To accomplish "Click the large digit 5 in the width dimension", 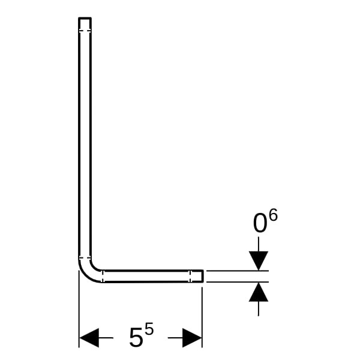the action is point(136,337).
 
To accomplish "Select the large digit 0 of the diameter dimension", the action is point(260,223).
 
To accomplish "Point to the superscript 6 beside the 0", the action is point(273,214).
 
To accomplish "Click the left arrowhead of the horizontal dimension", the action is point(89,337).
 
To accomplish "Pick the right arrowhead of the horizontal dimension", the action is point(192,337).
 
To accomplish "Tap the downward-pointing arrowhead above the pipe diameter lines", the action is point(259,261).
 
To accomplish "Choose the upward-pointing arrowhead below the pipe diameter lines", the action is point(259,292).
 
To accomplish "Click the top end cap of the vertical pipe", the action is point(85,18).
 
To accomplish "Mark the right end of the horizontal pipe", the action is point(203,276).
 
